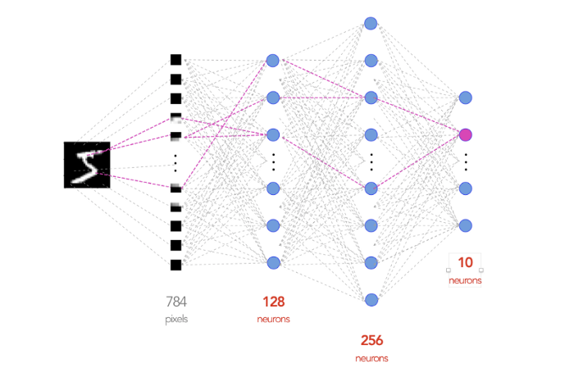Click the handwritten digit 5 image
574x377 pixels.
86,165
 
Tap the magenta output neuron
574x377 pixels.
466,134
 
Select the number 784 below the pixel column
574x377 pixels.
176,301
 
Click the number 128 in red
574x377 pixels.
273,301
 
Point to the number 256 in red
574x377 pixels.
371,340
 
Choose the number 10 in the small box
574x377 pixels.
466,263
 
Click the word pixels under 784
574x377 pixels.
176,319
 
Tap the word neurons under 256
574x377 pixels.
371,358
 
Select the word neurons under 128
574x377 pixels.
273,319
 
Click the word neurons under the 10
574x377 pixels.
466,280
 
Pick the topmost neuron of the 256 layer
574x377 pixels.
371,23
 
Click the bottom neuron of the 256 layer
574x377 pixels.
371,299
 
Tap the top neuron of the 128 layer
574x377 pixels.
273,61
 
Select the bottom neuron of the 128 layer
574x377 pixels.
273,262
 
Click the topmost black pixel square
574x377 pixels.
175,59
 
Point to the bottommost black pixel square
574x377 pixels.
175,265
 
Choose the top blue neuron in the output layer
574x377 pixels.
466,98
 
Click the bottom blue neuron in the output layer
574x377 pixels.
466,225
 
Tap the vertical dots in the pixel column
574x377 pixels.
175,161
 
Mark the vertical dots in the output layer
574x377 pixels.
466,161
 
